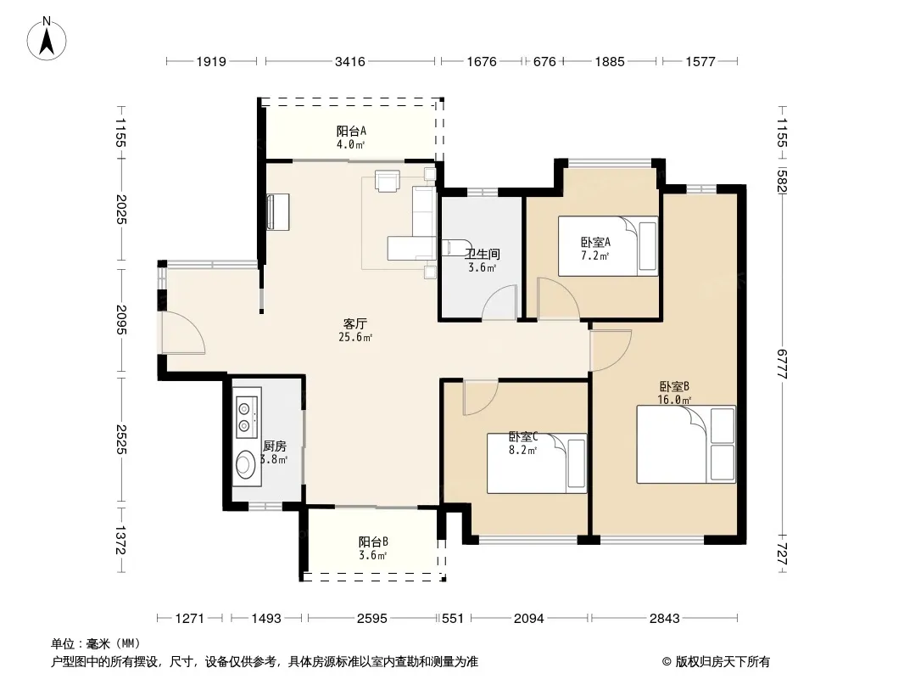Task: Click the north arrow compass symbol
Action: pos(47,39)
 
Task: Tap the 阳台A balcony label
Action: pos(351,131)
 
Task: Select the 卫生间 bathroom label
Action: pos(483,254)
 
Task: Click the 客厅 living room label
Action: pos(355,323)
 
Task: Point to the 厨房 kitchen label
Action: pos(275,446)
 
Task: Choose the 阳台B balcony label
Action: pos(373,542)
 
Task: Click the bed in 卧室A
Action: pos(608,246)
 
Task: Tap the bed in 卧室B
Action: pos(686,444)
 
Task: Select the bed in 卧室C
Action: pos(537,463)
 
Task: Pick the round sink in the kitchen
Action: pos(247,463)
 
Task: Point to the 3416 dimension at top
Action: pos(350,61)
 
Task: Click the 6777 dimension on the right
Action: pos(783,363)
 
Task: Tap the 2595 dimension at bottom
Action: pos(372,619)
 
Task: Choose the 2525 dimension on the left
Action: pos(121,439)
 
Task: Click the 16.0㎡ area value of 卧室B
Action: pos(674,400)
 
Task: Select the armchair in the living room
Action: pos(387,179)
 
